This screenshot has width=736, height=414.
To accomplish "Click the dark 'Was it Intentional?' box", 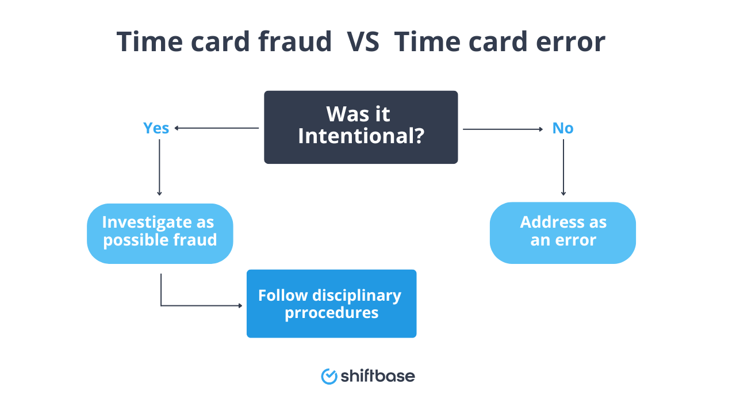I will pyautogui.click(x=361, y=127).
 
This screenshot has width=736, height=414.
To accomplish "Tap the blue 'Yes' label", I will pyautogui.click(x=156, y=128).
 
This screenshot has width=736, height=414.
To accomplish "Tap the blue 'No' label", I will pyautogui.click(x=562, y=128).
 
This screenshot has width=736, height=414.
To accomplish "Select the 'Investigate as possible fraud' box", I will pyautogui.click(x=160, y=233).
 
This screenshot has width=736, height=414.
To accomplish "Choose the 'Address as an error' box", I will pyautogui.click(x=562, y=233).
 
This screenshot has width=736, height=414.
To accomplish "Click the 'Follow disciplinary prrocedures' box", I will pyautogui.click(x=331, y=304).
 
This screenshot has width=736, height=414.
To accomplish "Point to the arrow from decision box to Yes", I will pyautogui.click(x=217, y=128).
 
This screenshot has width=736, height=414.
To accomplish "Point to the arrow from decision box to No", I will pyautogui.click(x=503, y=129).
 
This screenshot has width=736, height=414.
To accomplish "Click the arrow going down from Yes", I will pyautogui.click(x=159, y=167).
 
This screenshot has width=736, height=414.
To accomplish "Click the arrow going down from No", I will pyautogui.click(x=563, y=167).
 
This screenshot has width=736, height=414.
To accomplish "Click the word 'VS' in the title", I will pyautogui.click(x=363, y=42).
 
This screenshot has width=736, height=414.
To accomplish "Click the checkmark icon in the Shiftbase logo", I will pyautogui.click(x=329, y=376).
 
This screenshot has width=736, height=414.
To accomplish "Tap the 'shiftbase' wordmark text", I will pyautogui.click(x=377, y=376).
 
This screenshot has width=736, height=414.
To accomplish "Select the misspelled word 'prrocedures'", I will pyautogui.click(x=331, y=313).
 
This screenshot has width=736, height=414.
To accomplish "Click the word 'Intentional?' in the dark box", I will pyautogui.click(x=361, y=136).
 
